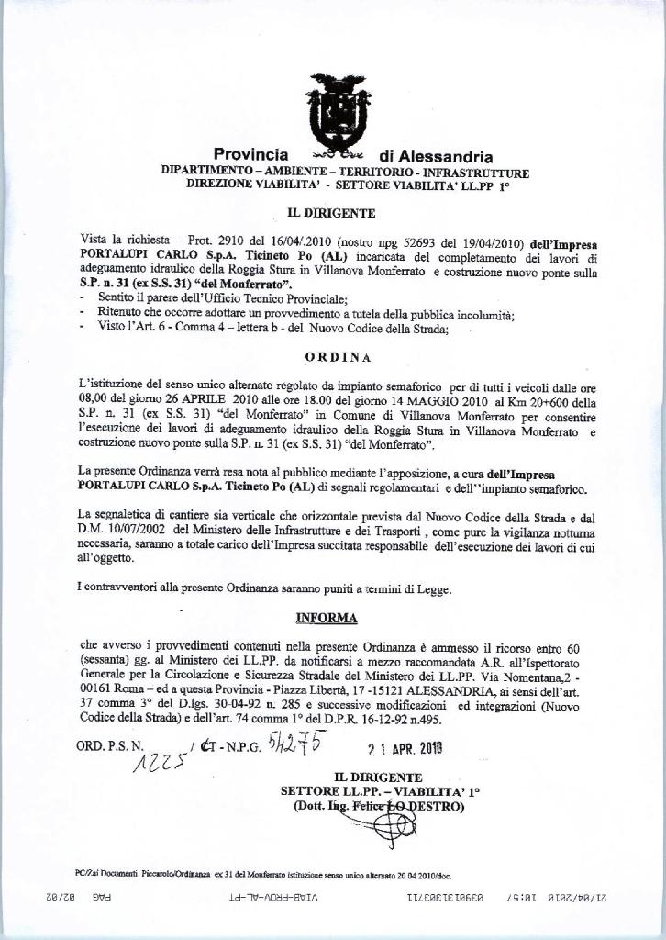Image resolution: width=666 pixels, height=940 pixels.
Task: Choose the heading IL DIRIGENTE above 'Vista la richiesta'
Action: (332, 213)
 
